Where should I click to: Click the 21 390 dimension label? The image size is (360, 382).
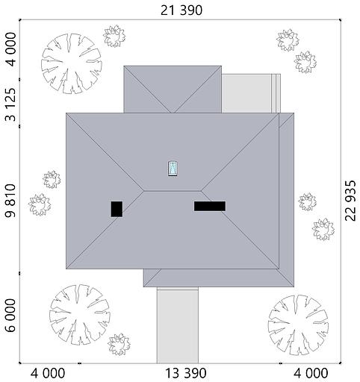[x=181, y=10]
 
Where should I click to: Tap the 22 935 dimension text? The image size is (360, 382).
[x=351, y=201]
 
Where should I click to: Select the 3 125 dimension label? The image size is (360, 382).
[x=10, y=104]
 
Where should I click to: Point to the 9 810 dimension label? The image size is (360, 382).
[x=10, y=201]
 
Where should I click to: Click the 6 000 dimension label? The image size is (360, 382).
[x=10, y=316]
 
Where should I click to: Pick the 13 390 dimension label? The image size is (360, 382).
[x=186, y=374]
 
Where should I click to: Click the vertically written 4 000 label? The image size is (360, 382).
[x=10, y=49]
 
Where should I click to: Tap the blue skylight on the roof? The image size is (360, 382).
[x=173, y=169]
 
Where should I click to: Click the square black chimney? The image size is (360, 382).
[x=117, y=209]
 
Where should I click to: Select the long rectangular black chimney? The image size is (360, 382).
[x=210, y=206]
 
